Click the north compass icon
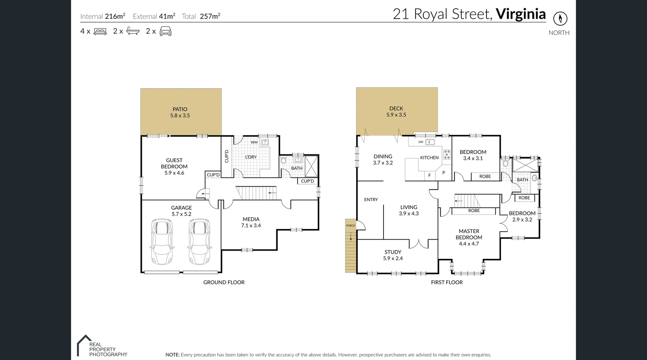[x=560, y=19]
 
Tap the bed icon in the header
[x=100, y=31]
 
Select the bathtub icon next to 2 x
[x=133, y=31]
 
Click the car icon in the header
[x=165, y=31]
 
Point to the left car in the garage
[x=162, y=241]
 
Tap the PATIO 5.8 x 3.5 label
[x=180, y=112]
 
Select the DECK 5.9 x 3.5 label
[x=396, y=111]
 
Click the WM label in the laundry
[x=254, y=142]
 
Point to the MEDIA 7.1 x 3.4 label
[x=251, y=222]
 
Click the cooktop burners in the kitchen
[x=447, y=155]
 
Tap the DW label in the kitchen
[x=421, y=142]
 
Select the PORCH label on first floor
[x=350, y=226]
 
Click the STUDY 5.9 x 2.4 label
[x=393, y=255]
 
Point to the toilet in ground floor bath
[x=283, y=160]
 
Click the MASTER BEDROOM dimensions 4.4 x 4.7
[x=469, y=244]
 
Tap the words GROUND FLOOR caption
[x=224, y=282]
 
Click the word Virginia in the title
[x=521, y=14]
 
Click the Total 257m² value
[x=210, y=16]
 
